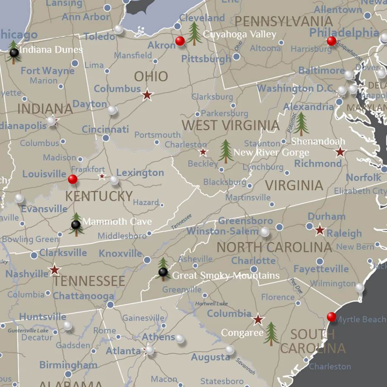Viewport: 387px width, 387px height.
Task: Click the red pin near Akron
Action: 180,41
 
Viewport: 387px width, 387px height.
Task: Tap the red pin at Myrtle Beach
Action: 331,317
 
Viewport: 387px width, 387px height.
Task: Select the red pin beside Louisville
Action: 73,179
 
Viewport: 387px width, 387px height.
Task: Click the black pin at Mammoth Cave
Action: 76,225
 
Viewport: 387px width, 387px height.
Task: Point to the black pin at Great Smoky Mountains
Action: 163,272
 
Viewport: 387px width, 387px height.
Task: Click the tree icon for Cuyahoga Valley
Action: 195,33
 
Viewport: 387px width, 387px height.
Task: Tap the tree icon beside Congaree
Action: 271,333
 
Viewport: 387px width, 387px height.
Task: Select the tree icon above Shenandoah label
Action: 301,124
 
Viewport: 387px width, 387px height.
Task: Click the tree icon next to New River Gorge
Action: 226,151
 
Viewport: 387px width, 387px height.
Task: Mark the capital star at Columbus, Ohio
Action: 147,94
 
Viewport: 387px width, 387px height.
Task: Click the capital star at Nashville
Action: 54,270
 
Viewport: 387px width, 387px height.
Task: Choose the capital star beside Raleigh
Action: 320,229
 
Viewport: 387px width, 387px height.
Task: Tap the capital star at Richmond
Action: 340,152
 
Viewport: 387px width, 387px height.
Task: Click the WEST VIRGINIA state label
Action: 231,125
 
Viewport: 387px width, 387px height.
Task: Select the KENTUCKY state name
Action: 99,196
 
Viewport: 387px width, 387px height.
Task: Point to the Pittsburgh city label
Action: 206,59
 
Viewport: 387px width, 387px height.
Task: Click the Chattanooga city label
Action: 83,296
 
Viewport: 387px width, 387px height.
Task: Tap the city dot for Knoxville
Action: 147,260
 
